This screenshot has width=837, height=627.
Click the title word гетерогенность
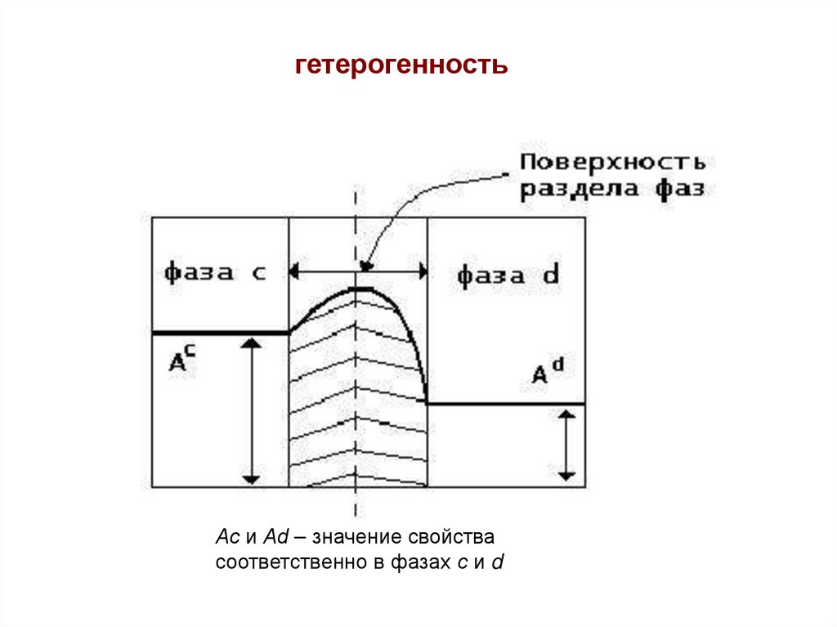(401, 65)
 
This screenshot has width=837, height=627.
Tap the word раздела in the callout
(574, 188)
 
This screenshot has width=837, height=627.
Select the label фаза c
(215, 272)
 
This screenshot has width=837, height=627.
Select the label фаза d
(508, 275)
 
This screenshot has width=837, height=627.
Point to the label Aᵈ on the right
(547, 373)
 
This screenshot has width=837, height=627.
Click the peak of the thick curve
(360, 289)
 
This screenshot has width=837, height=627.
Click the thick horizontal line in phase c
(221, 333)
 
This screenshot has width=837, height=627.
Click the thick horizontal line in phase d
(506, 404)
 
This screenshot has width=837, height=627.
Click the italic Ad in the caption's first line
(274, 538)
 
